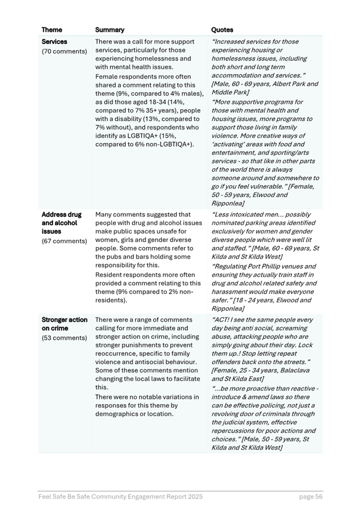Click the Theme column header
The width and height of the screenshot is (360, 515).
pyautogui.click(x=52, y=29)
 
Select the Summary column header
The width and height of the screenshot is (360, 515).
pyautogui.click(x=109, y=29)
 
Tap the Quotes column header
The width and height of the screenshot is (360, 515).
pyautogui.click(x=222, y=29)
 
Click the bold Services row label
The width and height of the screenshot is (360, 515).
pyautogui.click(x=54, y=42)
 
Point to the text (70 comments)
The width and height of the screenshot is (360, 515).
pyautogui.click(x=64, y=51)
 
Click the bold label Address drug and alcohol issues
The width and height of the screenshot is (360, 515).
pyautogui.click(x=62, y=223)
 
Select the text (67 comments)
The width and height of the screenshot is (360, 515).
pyautogui.click(x=64, y=241)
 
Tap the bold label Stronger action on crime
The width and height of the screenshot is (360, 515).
pyautogui.click(x=64, y=324)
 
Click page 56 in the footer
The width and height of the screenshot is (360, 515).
pyautogui.click(x=310, y=496)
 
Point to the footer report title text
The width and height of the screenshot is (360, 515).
pyautogui.click(x=120, y=496)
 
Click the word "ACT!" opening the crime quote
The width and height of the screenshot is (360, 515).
pyautogui.click(x=221, y=320)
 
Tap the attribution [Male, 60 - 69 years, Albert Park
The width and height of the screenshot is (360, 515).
pyautogui.click(x=265, y=84)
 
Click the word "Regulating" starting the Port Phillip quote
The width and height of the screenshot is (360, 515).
pyautogui.click(x=232, y=266)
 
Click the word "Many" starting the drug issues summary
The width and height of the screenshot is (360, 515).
pyautogui.click(x=104, y=215)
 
